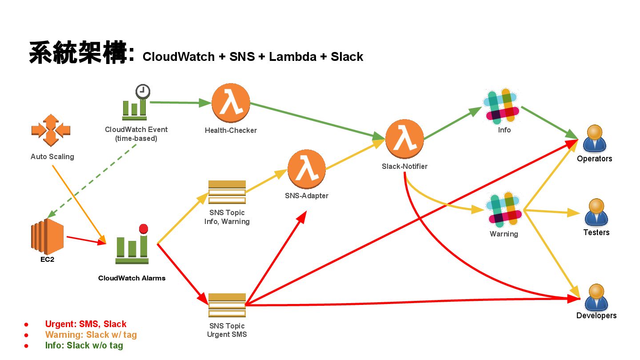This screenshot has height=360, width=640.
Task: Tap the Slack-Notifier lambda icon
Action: [404, 138]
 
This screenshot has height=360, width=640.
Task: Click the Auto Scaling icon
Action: [51, 130]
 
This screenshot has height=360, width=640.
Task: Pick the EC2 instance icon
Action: [47, 236]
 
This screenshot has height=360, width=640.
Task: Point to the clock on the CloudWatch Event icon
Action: [143, 91]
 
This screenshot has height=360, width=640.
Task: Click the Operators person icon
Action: [595, 139]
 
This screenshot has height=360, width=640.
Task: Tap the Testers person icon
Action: [596, 212]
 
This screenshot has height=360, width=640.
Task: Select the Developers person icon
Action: [596, 297]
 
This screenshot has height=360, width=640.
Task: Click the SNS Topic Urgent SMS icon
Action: [227, 305]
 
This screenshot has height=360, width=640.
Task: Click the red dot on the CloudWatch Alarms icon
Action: [143, 229]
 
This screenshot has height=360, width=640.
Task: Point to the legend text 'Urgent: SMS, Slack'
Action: [86, 324]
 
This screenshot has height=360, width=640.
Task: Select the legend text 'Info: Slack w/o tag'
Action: [84, 345]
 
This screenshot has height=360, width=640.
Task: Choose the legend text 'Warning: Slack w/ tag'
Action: [91, 335]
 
